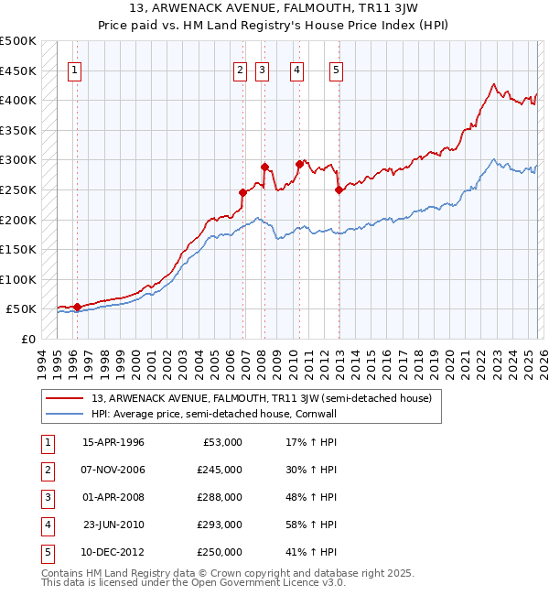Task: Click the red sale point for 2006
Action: click(243, 192)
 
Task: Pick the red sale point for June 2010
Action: click(299, 165)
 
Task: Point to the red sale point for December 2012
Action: click(339, 190)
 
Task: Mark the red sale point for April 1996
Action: click(77, 307)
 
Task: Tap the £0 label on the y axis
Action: click(27, 339)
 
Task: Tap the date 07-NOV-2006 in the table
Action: click(113, 470)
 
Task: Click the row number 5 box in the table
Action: click(45, 552)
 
